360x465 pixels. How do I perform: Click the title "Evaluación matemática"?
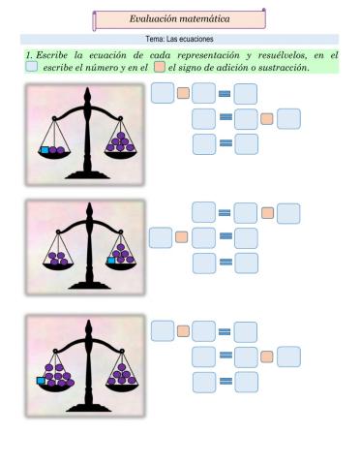(x=179, y=19)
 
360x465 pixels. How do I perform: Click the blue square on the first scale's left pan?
(x=44, y=150)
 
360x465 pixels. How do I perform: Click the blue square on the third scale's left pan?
(x=42, y=381)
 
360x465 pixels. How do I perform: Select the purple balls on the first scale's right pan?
(x=123, y=146)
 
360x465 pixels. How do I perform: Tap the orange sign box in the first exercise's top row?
(x=183, y=94)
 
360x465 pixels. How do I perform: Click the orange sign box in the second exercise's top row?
(x=268, y=212)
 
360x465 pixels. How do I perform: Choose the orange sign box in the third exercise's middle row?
(x=268, y=356)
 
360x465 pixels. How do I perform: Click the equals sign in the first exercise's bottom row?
(x=225, y=144)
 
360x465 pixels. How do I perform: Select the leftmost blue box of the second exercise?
(x=161, y=236)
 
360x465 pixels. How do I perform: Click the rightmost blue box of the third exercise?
(x=288, y=356)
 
